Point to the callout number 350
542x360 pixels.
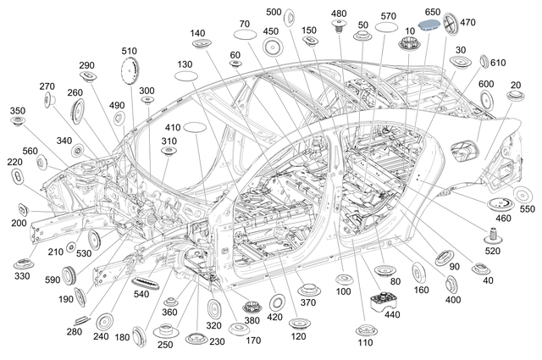pos(17,111)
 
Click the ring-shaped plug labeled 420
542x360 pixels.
pos(276,302)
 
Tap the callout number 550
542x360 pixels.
pos(527,208)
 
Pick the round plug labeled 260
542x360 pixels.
pos(81,110)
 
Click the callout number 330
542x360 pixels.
pos(22,276)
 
